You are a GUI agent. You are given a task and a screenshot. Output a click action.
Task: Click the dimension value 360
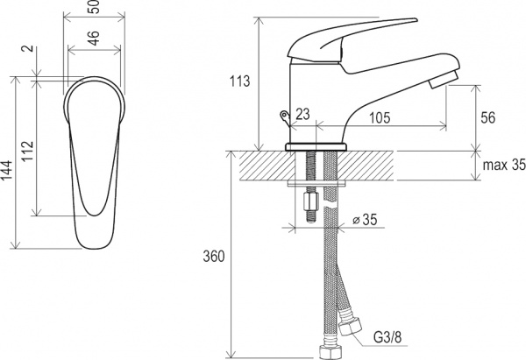click(x=214, y=257)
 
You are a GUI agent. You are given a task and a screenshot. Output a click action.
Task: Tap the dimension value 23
click(x=302, y=112)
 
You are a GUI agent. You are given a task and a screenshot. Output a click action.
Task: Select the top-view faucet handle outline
click(x=94, y=149)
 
